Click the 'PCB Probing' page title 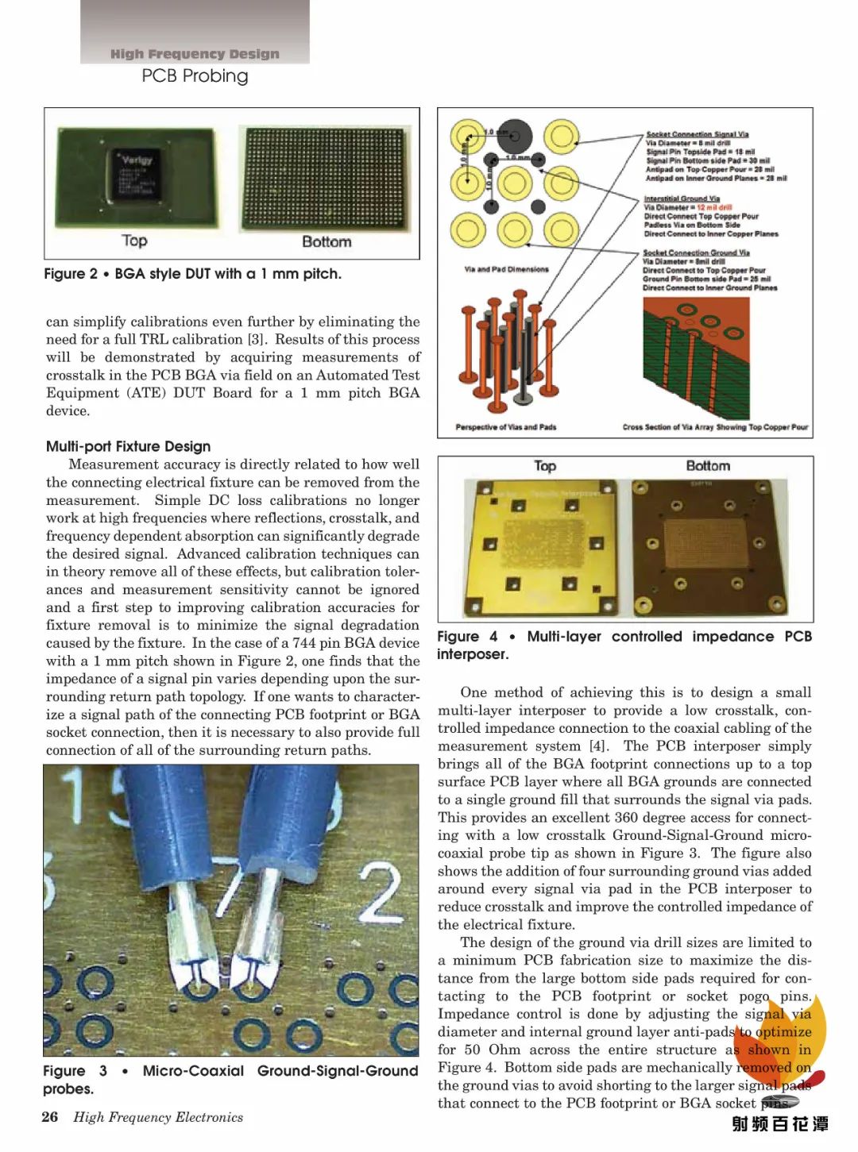pos(195,75)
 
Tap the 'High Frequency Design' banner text pos(195,54)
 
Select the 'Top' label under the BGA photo pos(134,241)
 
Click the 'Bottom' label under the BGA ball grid pos(326,241)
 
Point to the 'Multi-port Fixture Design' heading pos(128,446)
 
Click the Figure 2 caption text pos(192,274)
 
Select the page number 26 pos(49,1117)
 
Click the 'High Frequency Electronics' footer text pos(158,1117)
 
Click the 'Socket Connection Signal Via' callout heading pos(697,134)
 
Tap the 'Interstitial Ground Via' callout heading pos(682,198)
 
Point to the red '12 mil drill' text pos(714,207)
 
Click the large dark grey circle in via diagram pos(515,137)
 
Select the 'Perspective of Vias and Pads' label pos(505,427)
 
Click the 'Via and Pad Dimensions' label pos(506,269)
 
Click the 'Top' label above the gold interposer pos(545,466)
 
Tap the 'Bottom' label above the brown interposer pos(707,466)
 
